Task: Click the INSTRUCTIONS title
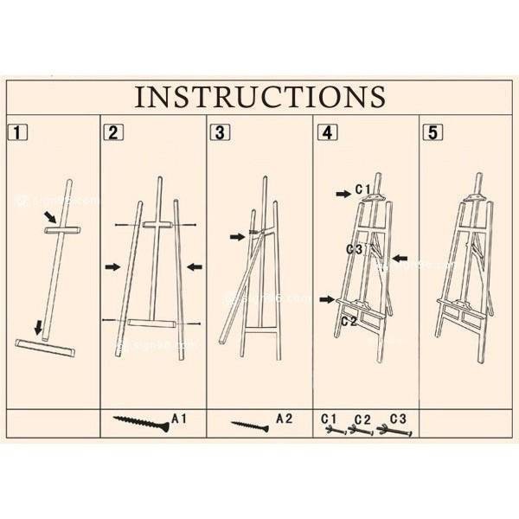pyautogui.click(x=259, y=96)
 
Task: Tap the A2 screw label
pyautogui.click(x=285, y=419)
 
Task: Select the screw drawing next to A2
pyautogui.click(x=251, y=425)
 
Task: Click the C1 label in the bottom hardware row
pyautogui.click(x=329, y=419)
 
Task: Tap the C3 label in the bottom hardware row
pyautogui.click(x=399, y=419)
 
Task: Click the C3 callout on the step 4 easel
pyautogui.click(x=353, y=249)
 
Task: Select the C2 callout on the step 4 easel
pyautogui.click(x=349, y=320)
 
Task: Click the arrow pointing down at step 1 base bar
pyautogui.click(x=38, y=327)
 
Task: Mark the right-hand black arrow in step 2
pyautogui.click(x=195, y=267)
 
